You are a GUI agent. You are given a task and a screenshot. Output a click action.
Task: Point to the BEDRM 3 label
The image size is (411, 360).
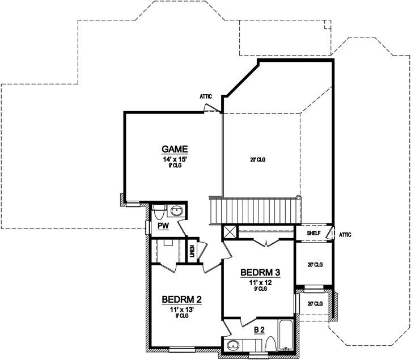(x=261, y=272)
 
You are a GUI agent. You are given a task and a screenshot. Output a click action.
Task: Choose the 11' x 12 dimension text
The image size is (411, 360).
(x=261, y=281)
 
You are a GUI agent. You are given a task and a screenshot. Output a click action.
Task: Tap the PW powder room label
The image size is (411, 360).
(x=163, y=226)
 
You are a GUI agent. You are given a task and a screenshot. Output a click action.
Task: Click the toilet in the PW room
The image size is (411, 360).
(x=159, y=211)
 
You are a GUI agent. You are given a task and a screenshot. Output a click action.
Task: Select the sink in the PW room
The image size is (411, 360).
(x=177, y=211)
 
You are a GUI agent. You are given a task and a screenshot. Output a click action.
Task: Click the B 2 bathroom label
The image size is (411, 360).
(x=260, y=329)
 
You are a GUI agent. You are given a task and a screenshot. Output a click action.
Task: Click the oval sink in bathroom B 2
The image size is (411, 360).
(x=232, y=344)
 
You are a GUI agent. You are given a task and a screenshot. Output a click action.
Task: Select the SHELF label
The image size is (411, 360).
(x=314, y=233)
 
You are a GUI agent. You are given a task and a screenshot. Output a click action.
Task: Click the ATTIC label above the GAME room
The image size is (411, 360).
(x=205, y=96)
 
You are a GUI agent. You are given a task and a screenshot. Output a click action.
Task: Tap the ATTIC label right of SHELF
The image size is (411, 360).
(x=345, y=234)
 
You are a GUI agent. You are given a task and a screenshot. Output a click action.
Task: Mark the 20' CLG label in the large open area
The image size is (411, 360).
(x=257, y=160)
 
